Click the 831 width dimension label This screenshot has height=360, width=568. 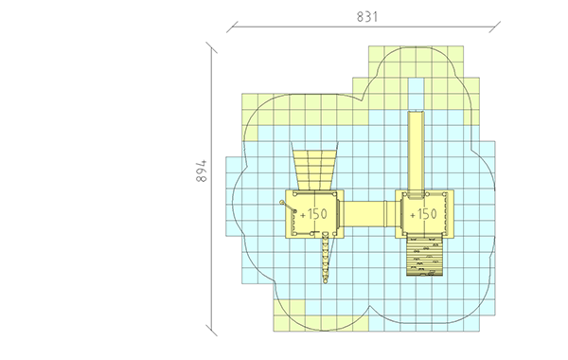367,17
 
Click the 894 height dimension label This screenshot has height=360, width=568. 202,171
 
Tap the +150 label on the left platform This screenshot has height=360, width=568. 313,214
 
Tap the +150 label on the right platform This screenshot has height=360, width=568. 423,214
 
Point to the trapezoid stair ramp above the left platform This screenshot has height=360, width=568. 314,166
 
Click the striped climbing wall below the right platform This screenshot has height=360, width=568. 424,256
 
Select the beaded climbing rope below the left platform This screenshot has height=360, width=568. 326,258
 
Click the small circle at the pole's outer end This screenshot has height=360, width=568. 282,202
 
